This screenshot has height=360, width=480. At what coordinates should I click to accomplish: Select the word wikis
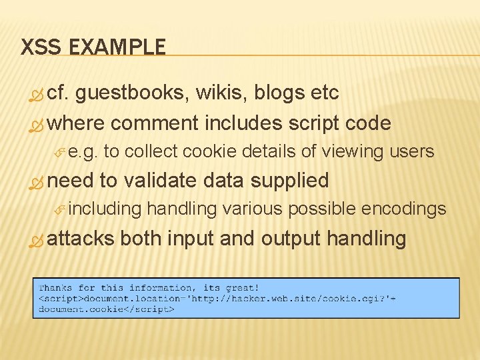(x=225, y=93)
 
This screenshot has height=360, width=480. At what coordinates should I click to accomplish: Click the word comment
(x=155, y=123)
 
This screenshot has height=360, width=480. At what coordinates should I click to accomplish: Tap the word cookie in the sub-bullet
(x=209, y=152)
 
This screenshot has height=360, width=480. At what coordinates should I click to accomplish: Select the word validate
(x=161, y=181)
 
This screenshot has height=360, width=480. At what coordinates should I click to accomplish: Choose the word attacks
(x=81, y=238)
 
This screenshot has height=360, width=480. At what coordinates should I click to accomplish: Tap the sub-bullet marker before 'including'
(x=59, y=210)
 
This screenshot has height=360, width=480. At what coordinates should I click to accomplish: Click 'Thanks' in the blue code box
(x=55, y=287)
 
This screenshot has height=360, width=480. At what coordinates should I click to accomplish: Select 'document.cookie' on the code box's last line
(x=81, y=309)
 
